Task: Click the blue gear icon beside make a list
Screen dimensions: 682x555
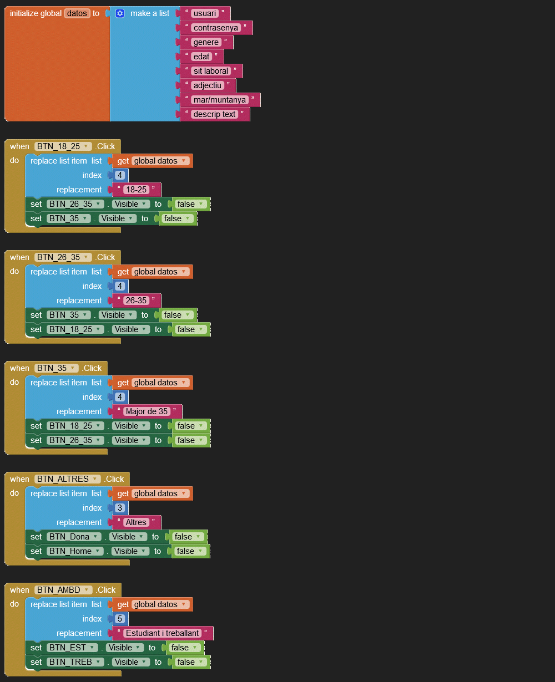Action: [x=120, y=13]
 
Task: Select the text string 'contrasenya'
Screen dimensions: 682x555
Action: [x=216, y=28]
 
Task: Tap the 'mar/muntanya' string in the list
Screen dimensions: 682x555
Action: [x=219, y=100]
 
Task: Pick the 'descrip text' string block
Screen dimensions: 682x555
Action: [x=214, y=114]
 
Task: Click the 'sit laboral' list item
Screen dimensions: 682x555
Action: [x=210, y=71]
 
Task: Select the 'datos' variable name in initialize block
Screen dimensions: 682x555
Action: [x=77, y=13]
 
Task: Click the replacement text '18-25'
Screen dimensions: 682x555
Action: [x=136, y=190]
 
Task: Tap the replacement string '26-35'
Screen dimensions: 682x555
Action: [x=136, y=301]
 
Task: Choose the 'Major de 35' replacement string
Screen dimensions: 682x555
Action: [x=147, y=411]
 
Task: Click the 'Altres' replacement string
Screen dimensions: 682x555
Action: [x=136, y=522]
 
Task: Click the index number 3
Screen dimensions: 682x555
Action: [x=120, y=508]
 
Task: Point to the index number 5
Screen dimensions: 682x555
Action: [x=120, y=619]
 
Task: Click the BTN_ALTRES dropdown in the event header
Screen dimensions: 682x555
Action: [x=68, y=479]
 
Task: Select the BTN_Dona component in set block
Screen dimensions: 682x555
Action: [x=74, y=537]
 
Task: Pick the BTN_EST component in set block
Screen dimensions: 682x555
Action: [x=72, y=648]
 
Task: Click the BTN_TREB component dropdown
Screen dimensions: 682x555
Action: [x=75, y=662]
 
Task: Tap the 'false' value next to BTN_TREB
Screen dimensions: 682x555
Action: [x=191, y=662]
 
